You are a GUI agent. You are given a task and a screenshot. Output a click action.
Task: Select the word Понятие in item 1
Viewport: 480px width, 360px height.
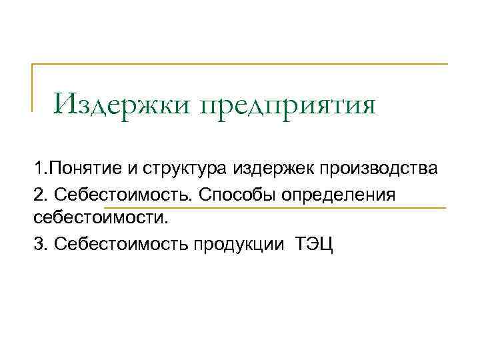pos(72,168)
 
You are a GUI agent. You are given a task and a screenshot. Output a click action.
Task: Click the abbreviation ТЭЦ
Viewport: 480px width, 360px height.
pos(314,244)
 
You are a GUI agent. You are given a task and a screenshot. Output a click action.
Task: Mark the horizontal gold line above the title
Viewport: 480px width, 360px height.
pos(240,65)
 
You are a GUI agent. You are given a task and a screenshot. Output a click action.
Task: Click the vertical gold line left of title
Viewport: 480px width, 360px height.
pos(33,87)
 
